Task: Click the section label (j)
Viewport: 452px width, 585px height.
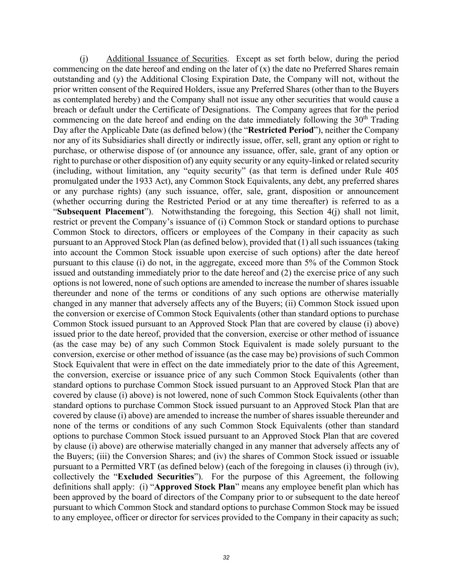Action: pos(84,59)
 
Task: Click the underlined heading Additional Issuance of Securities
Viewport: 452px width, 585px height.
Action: pos(167,59)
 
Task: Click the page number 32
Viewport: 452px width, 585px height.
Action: pos(226,558)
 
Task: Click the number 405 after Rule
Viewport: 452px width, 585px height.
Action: pos(392,171)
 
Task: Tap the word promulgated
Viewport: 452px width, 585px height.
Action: pos(75,181)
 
